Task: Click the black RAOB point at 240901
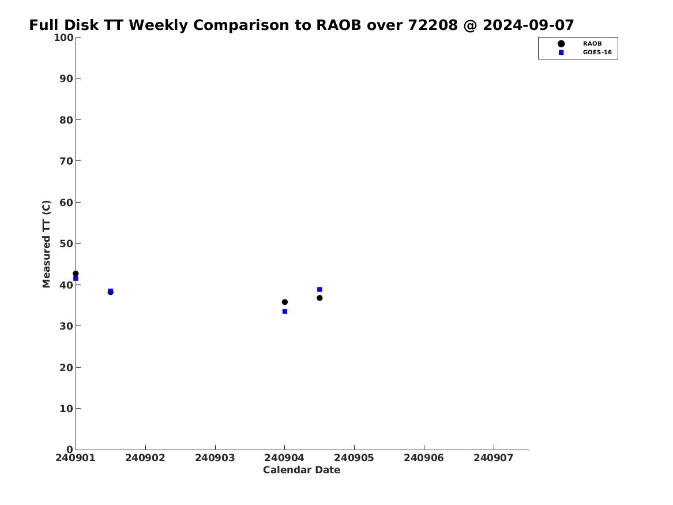tap(76, 274)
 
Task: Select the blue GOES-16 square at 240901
tap(76, 279)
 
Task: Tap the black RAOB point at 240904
tap(284, 302)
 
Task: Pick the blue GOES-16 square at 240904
tap(284, 311)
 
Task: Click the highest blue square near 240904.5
tap(319, 289)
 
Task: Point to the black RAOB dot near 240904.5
tap(319, 298)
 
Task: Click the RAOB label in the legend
tap(592, 44)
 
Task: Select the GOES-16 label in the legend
tap(597, 53)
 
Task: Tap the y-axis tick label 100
tap(63, 38)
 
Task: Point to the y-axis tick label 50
tap(66, 244)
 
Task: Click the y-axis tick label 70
tap(66, 161)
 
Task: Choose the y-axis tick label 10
tap(66, 409)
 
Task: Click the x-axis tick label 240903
tap(215, 458)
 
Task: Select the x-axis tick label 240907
tap(494, 458)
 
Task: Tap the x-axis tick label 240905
tap(354, 458)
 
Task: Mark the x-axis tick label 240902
tap(145, 458)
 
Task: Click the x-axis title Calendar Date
tap(301, 470)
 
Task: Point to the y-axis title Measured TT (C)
tap(46, 244)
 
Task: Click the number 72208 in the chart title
tap(433, 25)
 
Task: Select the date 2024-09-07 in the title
tap(528, 25)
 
